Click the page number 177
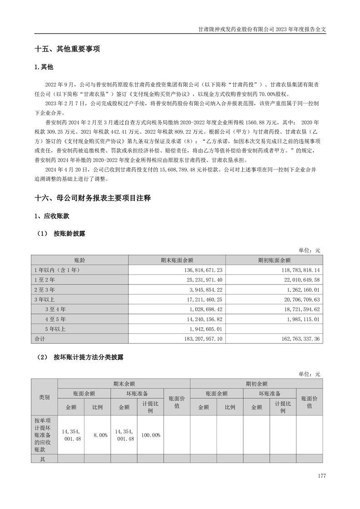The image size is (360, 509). click(x=322, y=476)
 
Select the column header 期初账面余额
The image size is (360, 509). click(x=274, y=260)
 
